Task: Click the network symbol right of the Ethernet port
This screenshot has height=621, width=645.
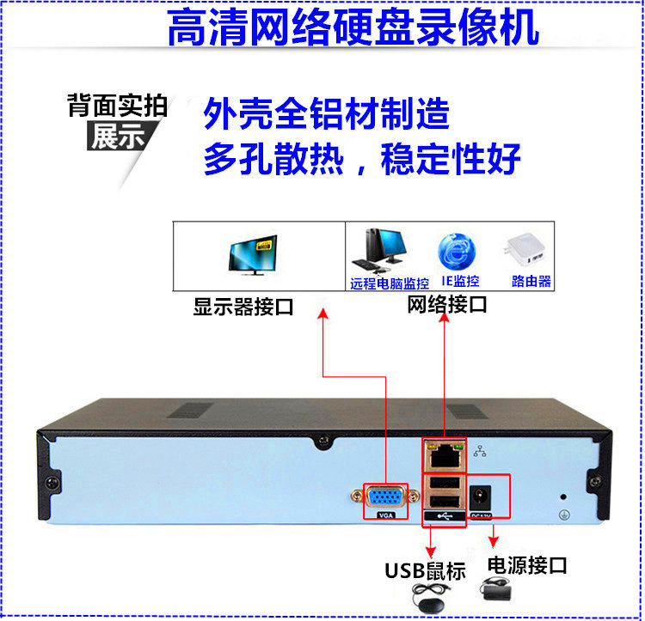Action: point(479,450)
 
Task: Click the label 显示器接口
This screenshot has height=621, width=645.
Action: point(243,307)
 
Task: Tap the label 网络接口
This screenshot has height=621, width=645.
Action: point(446,305)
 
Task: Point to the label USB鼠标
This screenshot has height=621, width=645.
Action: point(425,569)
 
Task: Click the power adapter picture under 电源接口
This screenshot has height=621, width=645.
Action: point(498,594)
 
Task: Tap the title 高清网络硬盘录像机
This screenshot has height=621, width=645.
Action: point(353,27)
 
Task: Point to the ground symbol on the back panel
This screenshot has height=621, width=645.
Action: point(564,514)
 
